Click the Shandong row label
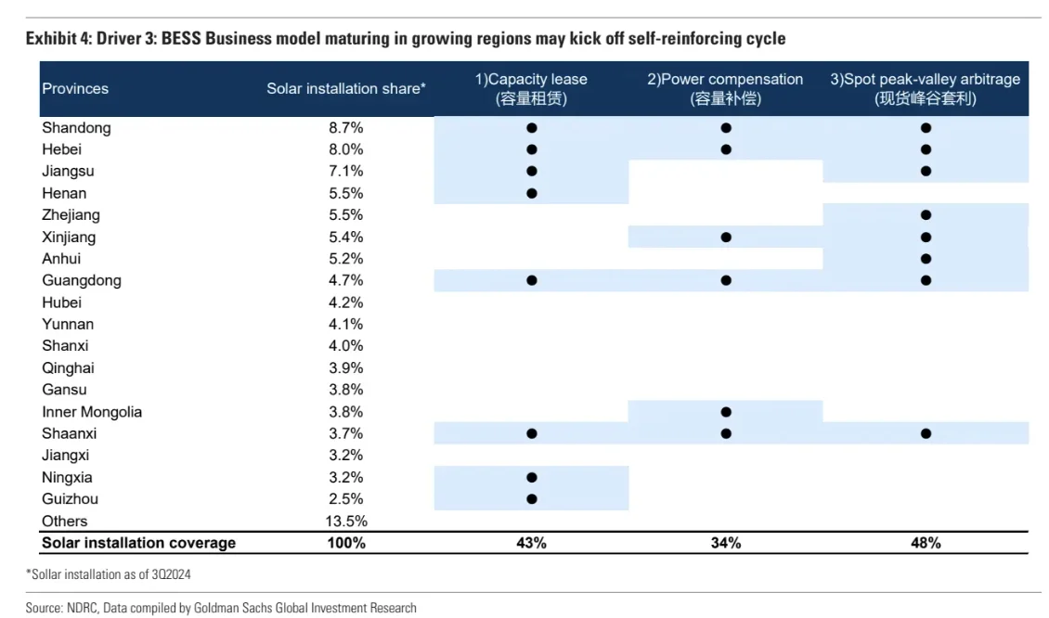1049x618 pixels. click(x=76, y=128)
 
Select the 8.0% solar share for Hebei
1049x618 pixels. click(x=345, y=149)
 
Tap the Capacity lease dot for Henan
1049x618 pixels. click(x=532, y=193)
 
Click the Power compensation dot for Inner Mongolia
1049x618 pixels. click(x=726, y=412)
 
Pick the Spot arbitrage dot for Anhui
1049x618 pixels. click(x=926, y=259)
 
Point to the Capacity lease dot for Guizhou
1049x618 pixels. click(x=532, y=499)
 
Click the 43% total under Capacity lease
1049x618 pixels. click(x=531, y=543)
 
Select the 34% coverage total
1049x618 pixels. click(x=726, y=543)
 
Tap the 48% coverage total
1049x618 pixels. click(x=926, y=543)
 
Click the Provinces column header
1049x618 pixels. click(x=75, y=89)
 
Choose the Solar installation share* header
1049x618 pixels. click(x=346, y=89)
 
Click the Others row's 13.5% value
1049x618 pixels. click(x=345, y=521)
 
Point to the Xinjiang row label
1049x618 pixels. click(x=70, y=237)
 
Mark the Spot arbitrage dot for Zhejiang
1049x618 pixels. click(x=926, y=215)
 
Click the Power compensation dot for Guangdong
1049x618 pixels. click(x=726, y=280)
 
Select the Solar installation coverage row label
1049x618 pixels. click(x=139, y=543)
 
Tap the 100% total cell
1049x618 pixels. click(x=345, y=543)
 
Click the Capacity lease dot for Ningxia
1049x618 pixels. click(x=532, y=478)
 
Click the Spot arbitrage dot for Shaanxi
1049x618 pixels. click(x=926, y=433)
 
